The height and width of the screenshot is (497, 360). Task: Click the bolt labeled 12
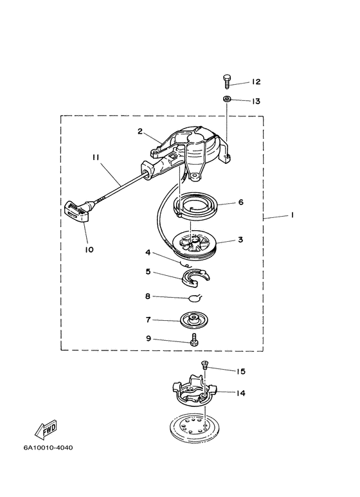(x=226, y=82)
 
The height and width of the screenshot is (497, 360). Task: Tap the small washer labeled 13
(x=226, y=98)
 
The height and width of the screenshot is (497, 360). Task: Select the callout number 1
(x=292, y=215)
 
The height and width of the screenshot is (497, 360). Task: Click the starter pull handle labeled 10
(x=78, y=210)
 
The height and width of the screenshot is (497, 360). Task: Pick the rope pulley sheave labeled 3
(x=194, y=243)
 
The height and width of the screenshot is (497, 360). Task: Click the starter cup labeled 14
(x=194, y=390)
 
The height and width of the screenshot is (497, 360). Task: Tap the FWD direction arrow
(x=46, y=429)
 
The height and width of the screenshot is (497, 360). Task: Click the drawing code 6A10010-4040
(x=48, y=448)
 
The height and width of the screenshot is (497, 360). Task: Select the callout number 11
(x=96, y=158)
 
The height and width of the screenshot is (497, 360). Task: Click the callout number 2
(x=140, y=131)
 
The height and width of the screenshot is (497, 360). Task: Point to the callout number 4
(x=148, y=253)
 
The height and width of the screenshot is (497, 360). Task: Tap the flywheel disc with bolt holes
(x=195, y=428)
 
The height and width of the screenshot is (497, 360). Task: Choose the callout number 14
(x=241, y=393)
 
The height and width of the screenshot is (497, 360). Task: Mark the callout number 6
(x=241, y=202)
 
